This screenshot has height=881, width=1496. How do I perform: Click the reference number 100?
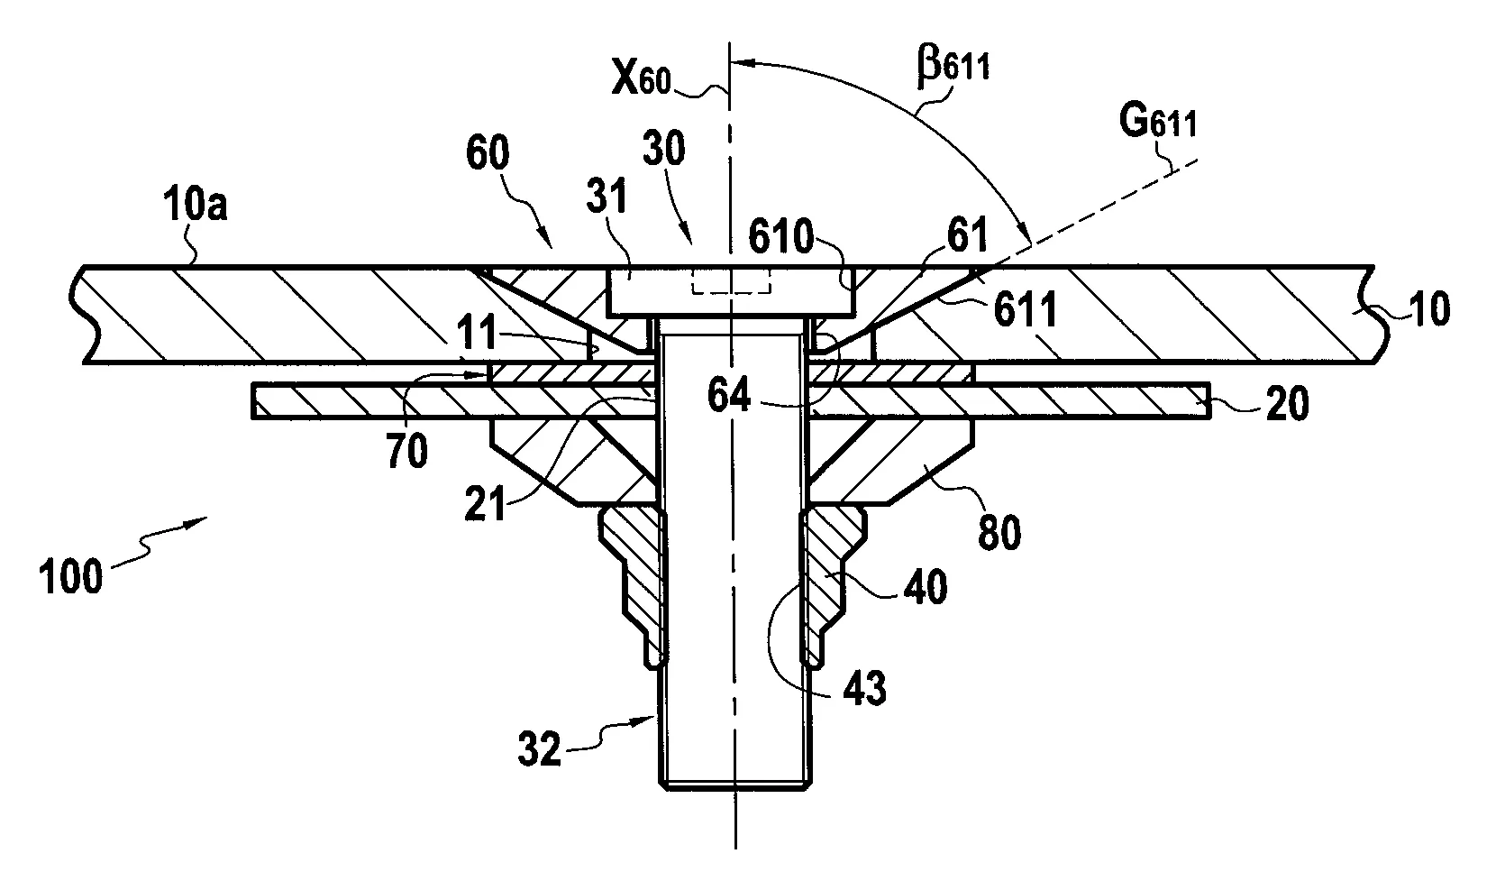point(71,576)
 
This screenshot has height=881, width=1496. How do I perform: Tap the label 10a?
point(195,205)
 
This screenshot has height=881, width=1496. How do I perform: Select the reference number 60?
point(488,152)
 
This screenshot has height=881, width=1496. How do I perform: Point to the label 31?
point(607,196)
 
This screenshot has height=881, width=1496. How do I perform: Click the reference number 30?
point(664,149)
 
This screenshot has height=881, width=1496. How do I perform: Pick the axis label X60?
point(641,78)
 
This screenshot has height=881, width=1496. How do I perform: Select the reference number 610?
point(781,236)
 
